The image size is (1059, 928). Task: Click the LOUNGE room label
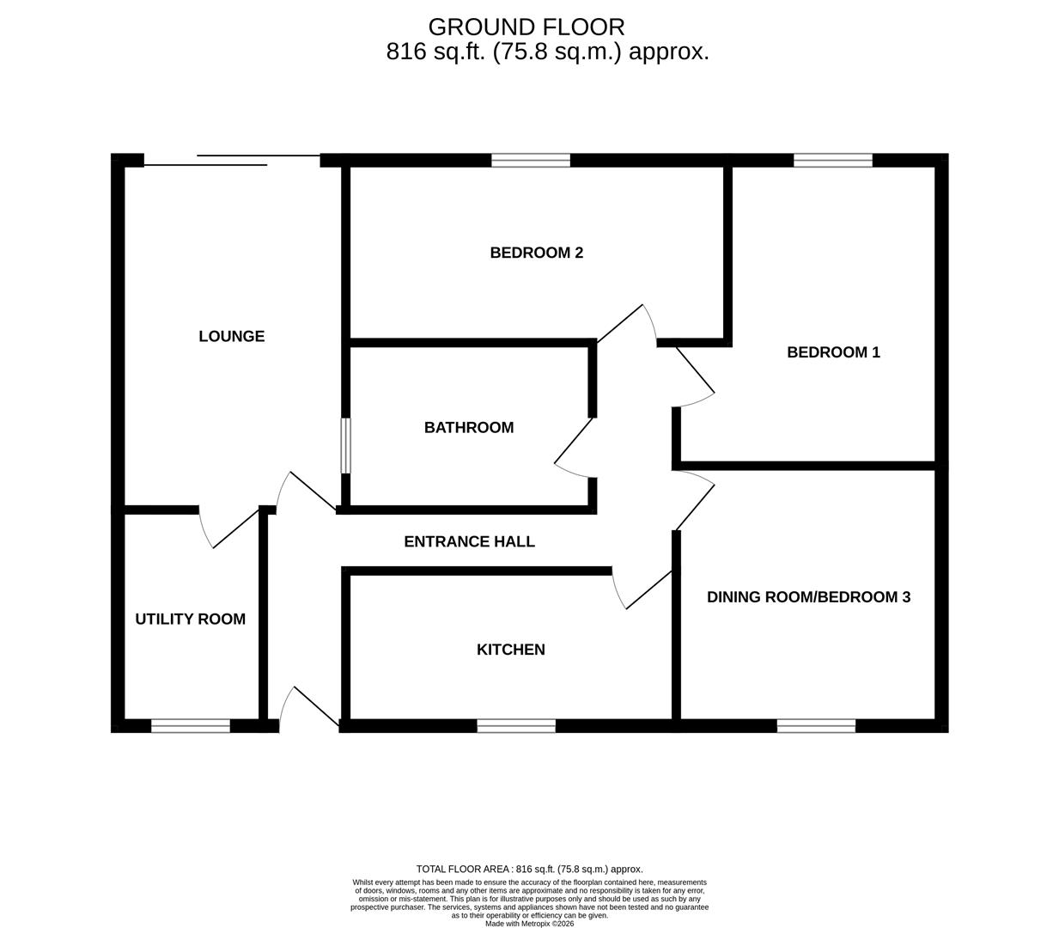click(x=231, y=336)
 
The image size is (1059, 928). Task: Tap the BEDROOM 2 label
click(x=536, y=253)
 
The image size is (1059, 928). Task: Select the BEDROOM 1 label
click(x=833, y=352)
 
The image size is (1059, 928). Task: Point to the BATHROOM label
click(x=469, y=427)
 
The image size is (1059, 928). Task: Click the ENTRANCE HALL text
click(x=469, y=541)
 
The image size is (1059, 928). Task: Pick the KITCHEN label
click(x=510, y=650)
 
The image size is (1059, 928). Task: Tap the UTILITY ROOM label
click(x=190, y=619)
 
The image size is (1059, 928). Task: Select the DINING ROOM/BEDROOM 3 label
click(x=808, y=596)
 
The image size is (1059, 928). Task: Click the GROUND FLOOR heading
click(x=526, y=27)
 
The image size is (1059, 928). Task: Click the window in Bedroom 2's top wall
click(x=531, y=161)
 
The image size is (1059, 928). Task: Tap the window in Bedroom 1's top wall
click(x=833, y=161)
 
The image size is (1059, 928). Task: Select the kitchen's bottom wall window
click(x=516, y=726)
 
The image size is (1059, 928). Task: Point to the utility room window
click(x=191, y=726)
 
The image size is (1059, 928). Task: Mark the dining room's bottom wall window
click(x=816, y=726)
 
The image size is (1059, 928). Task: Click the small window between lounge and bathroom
click(x=345, y=445)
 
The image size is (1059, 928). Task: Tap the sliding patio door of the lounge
click(x=232, y=160)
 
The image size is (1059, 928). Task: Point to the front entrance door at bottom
click(x=309, y=708)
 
